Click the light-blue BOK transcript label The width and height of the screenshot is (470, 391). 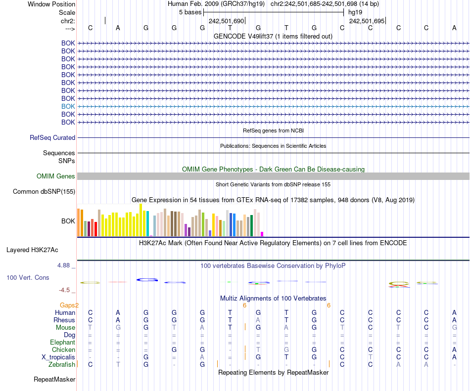tap(68, 106)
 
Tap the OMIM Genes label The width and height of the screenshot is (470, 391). tap(56, 176)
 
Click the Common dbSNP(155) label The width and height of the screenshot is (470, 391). tap(44, 191)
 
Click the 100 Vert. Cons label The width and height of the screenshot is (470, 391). tap(28, 278)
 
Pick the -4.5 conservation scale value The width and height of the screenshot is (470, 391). tap(65, 290)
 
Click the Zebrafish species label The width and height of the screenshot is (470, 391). tap(62, 364)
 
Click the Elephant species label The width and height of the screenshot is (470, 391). tap(62, 342)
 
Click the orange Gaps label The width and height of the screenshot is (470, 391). tap(69, 305)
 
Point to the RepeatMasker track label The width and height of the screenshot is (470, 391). tap(54, 380)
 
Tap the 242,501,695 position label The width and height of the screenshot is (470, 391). tap(367, 21)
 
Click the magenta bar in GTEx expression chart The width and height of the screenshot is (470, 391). tap(262, 234)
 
